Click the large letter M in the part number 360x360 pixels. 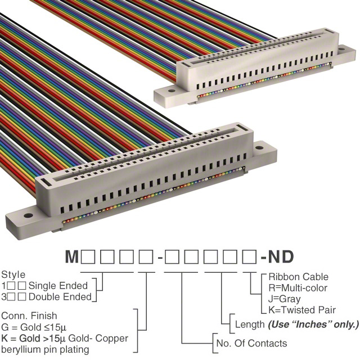tap(72, 256)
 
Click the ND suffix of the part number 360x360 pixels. tap(281, 256)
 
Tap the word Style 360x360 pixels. tap(13, 274)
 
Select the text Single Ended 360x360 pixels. tap(58, 286)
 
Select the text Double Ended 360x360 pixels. tap(60, 297)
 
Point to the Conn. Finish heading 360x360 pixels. tap(29, 316)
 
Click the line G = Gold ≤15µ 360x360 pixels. tap(34, 327)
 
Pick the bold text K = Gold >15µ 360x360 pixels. tap(34, 338)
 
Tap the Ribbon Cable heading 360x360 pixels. tap(298, 277)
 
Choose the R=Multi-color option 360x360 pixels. tap(298, 288)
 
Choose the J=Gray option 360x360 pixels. tap(284, 299)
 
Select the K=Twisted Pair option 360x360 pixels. tap(302, 310)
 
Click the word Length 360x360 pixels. tap(250, 325)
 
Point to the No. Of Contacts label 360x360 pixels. tap(251, 343)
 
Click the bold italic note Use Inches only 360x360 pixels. tap(313, 325)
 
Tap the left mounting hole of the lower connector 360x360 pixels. tap(28, 215)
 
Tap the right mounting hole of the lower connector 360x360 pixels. tap(259, 147)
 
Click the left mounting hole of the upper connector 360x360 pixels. tap(172, 91)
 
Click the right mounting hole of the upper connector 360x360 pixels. tap(341, 49)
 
